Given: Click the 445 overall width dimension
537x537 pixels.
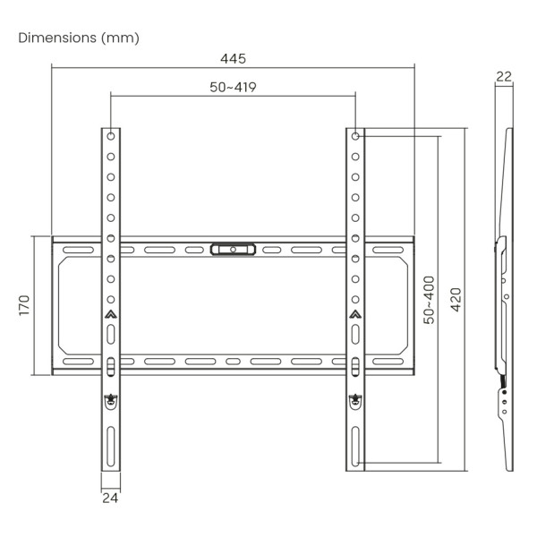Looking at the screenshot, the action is [233, 58].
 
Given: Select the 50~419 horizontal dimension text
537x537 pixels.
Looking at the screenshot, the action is [233, 87].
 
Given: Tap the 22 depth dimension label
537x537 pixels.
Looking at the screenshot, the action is [504, 76].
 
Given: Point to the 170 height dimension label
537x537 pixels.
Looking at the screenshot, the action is [24, 305].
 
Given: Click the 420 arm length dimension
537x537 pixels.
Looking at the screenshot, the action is [456, 300].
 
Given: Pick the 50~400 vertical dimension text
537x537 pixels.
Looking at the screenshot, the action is [429, 300].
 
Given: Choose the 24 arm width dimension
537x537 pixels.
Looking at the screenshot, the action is [110, 498].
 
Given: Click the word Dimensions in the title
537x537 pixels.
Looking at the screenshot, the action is [57, 38].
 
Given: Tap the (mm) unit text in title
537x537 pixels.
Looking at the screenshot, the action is [120, 38].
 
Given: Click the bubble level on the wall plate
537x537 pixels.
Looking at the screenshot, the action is [233, 250].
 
